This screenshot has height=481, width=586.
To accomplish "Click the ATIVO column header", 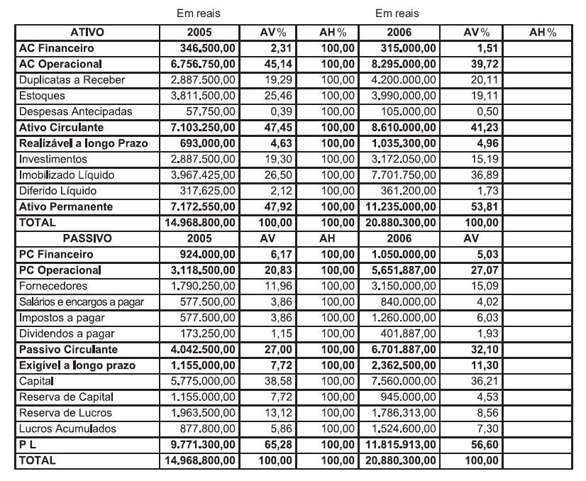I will coord(87,33).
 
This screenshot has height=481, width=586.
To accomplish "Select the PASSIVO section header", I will coord(87,238).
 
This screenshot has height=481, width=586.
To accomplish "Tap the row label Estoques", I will coord(42,96).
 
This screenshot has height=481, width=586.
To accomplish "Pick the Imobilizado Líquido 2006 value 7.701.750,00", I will coord(404,175).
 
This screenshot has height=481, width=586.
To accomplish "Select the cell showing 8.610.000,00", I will coord(404,128).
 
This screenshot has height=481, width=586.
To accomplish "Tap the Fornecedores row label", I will coord(53,286).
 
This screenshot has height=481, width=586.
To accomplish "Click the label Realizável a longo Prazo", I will coord(84,143).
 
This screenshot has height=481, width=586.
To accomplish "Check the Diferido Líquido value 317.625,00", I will coord(210,191).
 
